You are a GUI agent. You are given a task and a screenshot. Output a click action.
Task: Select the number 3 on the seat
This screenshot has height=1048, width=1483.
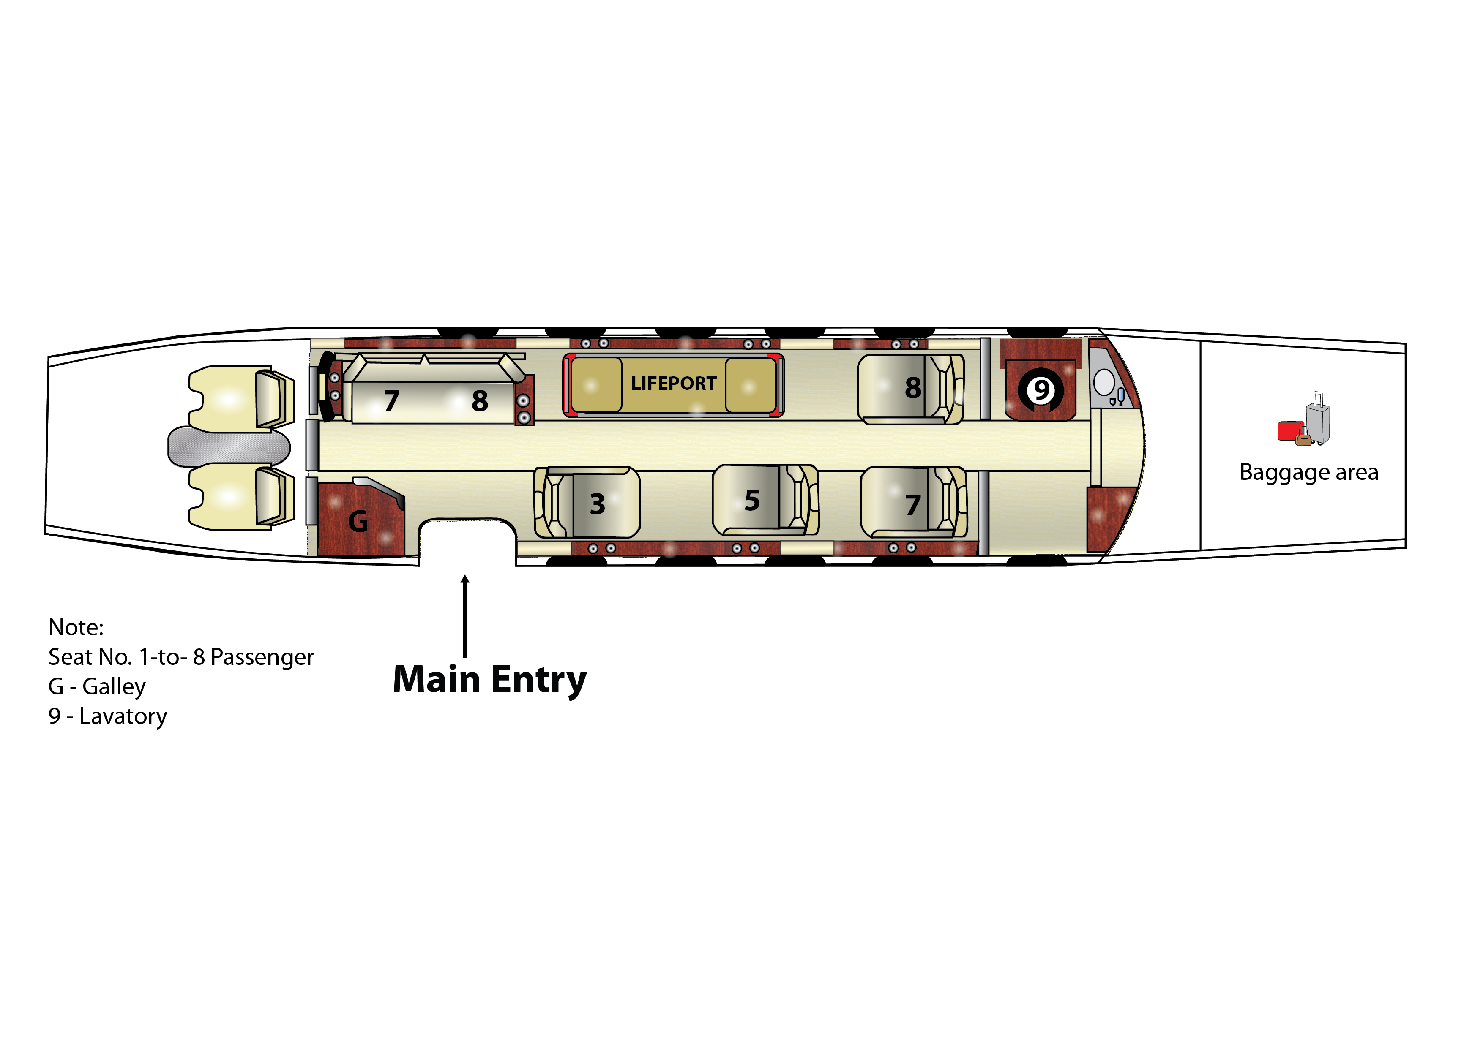tap(598, 504)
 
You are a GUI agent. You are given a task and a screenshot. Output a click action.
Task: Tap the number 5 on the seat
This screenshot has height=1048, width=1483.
tap(752, 501)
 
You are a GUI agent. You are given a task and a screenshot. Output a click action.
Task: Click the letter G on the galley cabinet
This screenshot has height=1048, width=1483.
tap(358, 521)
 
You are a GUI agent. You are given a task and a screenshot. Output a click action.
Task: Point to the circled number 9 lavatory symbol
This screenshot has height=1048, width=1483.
tap(1041, 389)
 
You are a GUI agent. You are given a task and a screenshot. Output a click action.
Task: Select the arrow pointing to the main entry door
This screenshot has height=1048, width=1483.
tap(464, 616)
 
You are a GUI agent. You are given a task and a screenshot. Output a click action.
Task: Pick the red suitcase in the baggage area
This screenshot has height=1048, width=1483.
tap(1289, 431)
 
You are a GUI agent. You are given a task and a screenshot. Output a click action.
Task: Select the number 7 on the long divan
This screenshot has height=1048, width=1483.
tap(391, 401)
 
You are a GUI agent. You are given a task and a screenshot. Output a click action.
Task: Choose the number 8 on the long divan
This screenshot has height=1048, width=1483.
tap(480, 401)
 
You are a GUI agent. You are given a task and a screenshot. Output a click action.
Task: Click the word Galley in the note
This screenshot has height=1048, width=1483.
tap(114, 687)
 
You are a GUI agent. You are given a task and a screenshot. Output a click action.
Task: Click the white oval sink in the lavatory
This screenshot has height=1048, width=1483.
tap(1104, 382)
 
